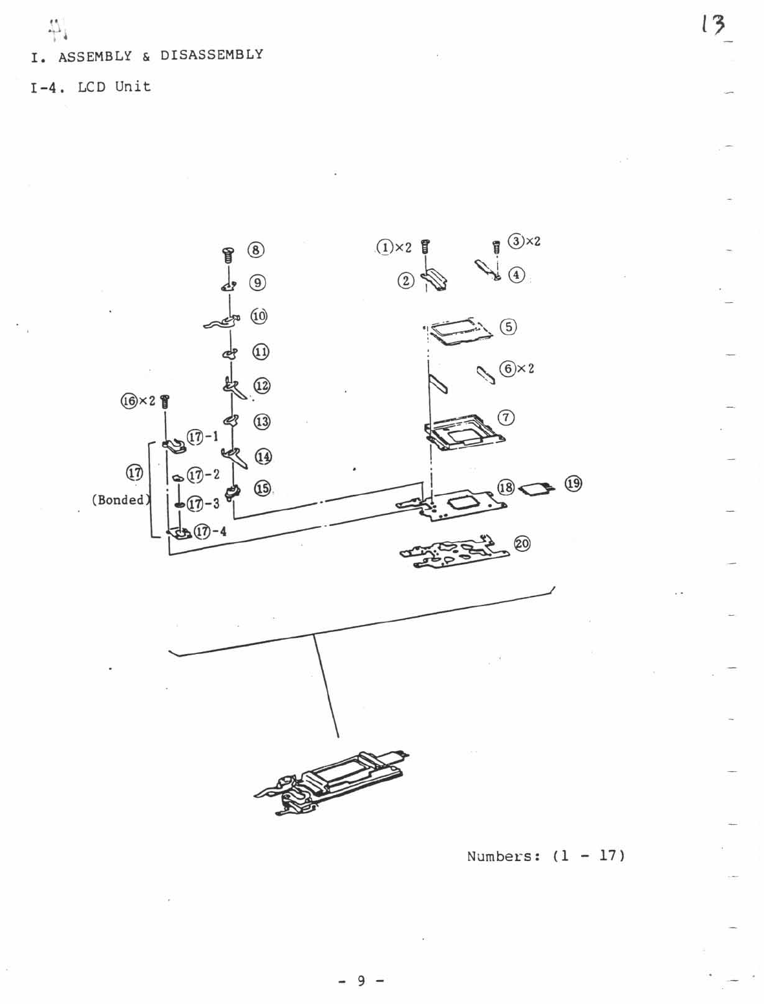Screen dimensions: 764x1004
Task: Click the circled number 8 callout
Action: click(x=257, y=250)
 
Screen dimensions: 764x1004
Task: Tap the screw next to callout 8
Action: click(x=228, y=254)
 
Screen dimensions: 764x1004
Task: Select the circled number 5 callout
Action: click(x=509, y=327)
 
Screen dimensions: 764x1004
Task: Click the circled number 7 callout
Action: click(x=506, y=418)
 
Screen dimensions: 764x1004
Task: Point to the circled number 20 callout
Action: click(x=522, y=544)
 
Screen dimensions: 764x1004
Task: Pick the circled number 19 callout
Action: click(x=573, y=483)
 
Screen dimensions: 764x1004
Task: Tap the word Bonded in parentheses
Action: click(x=120, y=499)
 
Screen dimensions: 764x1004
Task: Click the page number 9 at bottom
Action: click(x=361, y=981)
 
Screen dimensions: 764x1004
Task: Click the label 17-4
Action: click(x=211, y=532)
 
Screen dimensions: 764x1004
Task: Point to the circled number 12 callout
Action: click(x=262, y=386)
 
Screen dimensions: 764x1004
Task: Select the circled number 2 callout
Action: click(x=405, y=281)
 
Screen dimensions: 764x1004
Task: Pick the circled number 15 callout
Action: click(x=262, y=488)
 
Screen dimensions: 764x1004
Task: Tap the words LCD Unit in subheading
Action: click(x=114, y=87)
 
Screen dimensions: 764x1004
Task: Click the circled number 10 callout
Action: click(x=259, y=316)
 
